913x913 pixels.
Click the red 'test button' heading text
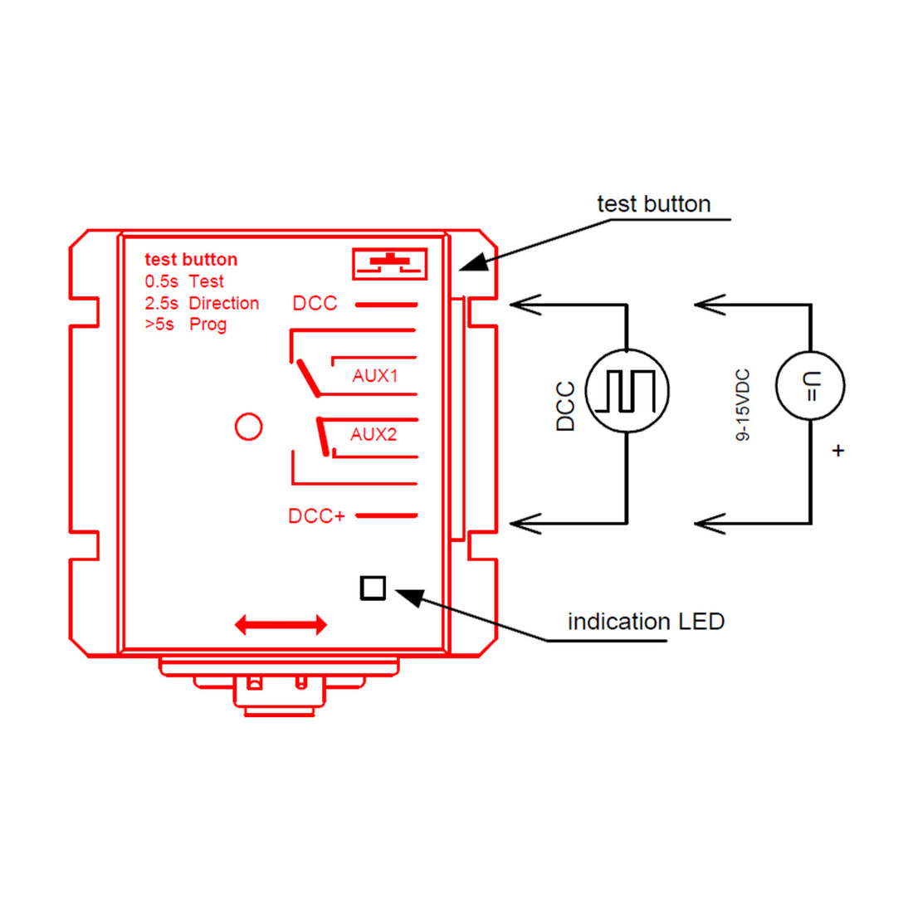click(x=191, y=260)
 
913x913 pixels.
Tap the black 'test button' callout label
click(x=653, y=204)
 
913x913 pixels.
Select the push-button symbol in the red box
click(x=389, y=263)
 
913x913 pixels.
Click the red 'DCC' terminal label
click(x=315, y=304)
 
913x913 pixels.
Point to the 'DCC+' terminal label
click(x=316, y=516)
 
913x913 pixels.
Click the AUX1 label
click(x=374, y=376)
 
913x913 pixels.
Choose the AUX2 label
click(x=373, y=434)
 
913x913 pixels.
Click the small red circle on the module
click(x=248, y=427)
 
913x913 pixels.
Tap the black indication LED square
click(x=373, y=588)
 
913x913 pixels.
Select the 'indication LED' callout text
click(x=646, y=622)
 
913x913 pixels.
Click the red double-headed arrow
click(x=281, y=625)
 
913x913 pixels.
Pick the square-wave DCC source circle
click(x=627, y=391)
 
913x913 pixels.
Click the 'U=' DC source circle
click(x=810, y=386)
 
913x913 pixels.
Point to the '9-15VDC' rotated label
click(x=744, y=405)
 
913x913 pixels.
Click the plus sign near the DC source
click(x=838, y=451)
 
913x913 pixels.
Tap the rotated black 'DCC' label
click(x=565, y=406)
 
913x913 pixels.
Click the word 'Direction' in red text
click(x=224, y=303)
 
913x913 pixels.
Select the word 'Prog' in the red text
click(x=207, y=325)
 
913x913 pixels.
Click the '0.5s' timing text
click(x=161, y=281)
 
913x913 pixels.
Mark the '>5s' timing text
click(x=159, y=325)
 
